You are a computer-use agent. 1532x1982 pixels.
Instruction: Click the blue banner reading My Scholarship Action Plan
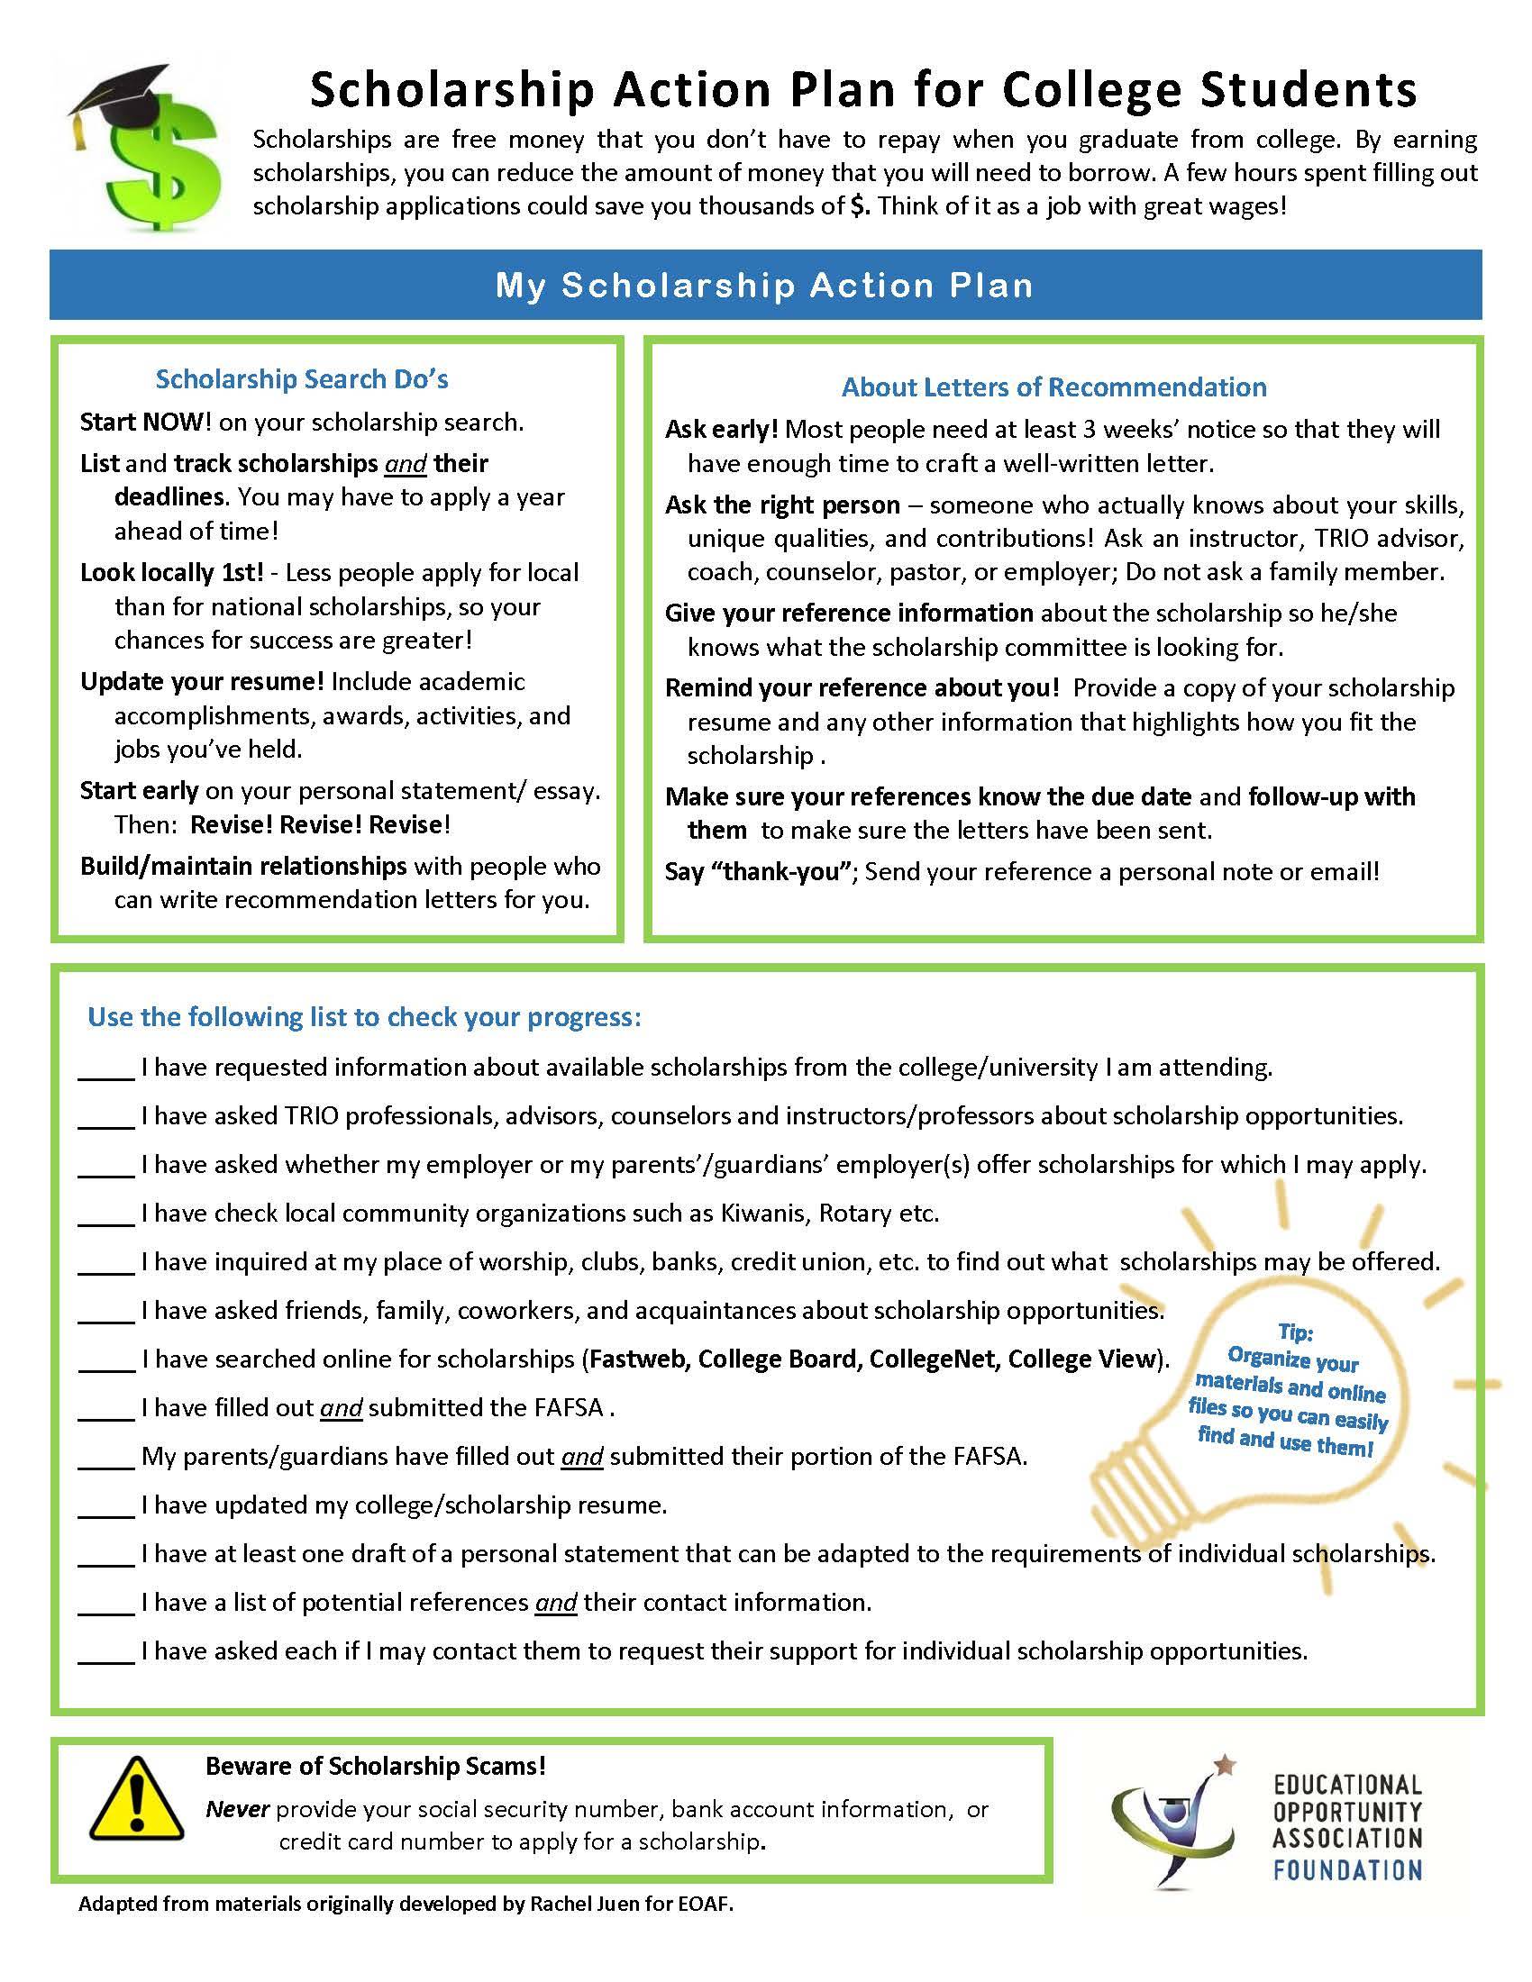pos(765,285)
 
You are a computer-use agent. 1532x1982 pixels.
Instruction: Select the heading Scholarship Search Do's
pos(301,379)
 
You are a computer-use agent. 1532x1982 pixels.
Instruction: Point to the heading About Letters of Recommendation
pos(1053,387)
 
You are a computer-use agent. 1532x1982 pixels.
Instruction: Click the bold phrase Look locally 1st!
pos(171,573)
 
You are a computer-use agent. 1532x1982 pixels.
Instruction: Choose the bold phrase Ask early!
pos(722,429)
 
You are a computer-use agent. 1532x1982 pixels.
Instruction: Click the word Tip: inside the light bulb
pos(1295,1332)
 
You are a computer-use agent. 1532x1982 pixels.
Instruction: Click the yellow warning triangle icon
pos(136,1798)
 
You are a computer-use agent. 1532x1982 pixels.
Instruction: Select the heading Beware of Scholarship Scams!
pos(376,1766)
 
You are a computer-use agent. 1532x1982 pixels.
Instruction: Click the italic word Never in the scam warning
pos(238,1810)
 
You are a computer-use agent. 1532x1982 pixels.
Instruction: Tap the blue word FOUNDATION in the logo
pos(1347,1869)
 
